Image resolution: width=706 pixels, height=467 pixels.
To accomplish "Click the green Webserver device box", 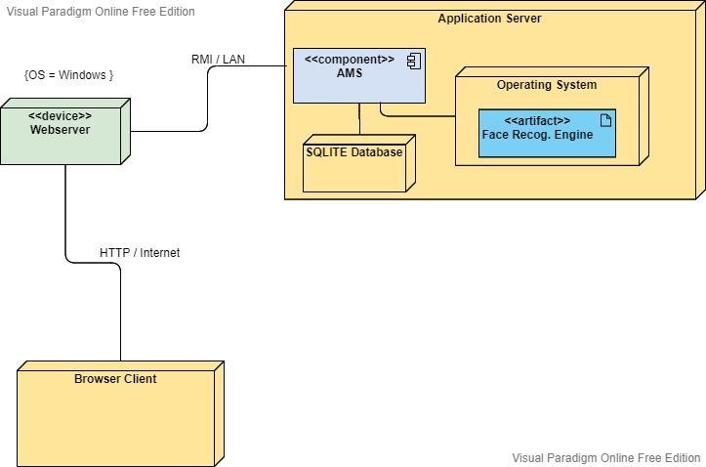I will point(61,137).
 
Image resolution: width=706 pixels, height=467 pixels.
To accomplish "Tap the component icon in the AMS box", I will point(413,61).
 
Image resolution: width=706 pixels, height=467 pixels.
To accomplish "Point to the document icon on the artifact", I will point(605,120).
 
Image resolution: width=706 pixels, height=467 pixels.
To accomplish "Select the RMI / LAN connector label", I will point(218,60).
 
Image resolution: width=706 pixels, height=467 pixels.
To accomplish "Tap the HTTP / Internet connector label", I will point(140,253).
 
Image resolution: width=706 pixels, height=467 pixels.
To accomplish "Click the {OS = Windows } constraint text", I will point(68,75).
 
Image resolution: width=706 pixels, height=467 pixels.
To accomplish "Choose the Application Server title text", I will point(488,19).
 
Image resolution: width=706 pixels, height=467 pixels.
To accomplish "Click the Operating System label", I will point(546,85).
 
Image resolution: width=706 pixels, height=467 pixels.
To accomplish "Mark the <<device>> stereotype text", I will point(60,116).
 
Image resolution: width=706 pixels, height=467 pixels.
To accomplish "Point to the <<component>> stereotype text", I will point(349,60).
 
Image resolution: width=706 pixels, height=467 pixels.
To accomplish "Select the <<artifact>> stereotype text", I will point(537,121).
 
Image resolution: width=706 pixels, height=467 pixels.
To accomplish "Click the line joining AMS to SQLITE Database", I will point(359,118).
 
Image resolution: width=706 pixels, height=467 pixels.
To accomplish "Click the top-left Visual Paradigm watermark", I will point(101,12).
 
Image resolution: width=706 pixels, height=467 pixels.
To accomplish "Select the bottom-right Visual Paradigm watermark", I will point(606,457).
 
